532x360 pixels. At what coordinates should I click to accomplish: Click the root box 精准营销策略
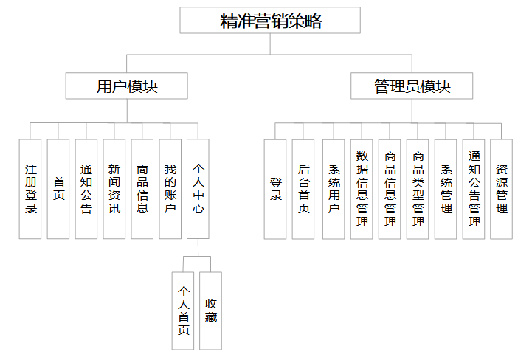click(270, 21)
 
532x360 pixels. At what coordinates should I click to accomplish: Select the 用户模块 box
click(127, 86)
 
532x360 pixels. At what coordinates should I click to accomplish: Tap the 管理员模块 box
click(411, 86)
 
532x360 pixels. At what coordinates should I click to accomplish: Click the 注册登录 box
click(30, 189)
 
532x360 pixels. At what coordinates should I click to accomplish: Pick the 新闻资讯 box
click(114, 189)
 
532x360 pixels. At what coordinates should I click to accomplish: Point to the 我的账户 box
click(170, 189)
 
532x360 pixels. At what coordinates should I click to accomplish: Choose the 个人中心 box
click(198, 189)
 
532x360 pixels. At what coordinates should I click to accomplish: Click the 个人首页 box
click(184, 314)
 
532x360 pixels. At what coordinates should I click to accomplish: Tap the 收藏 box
click(211, 314)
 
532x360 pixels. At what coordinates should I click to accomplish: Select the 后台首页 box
click(303, 189)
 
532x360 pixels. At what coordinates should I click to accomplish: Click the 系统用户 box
click(334, 189)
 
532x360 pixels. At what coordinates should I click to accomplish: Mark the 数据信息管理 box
click(362, 189)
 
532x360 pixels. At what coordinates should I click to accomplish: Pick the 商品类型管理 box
click(418, 189)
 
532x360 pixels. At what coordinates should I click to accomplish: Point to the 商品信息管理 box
click(390, 189)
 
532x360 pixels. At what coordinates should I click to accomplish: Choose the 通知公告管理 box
click(474, 189)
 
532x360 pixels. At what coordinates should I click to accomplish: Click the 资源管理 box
click(502, 189)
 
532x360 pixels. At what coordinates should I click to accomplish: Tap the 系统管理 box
click(446, 189)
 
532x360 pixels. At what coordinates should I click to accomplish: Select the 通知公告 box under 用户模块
click(86, 189)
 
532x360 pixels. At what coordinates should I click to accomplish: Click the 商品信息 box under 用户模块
click(142, 189)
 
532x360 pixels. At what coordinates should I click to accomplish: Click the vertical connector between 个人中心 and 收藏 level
click(198, 247)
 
